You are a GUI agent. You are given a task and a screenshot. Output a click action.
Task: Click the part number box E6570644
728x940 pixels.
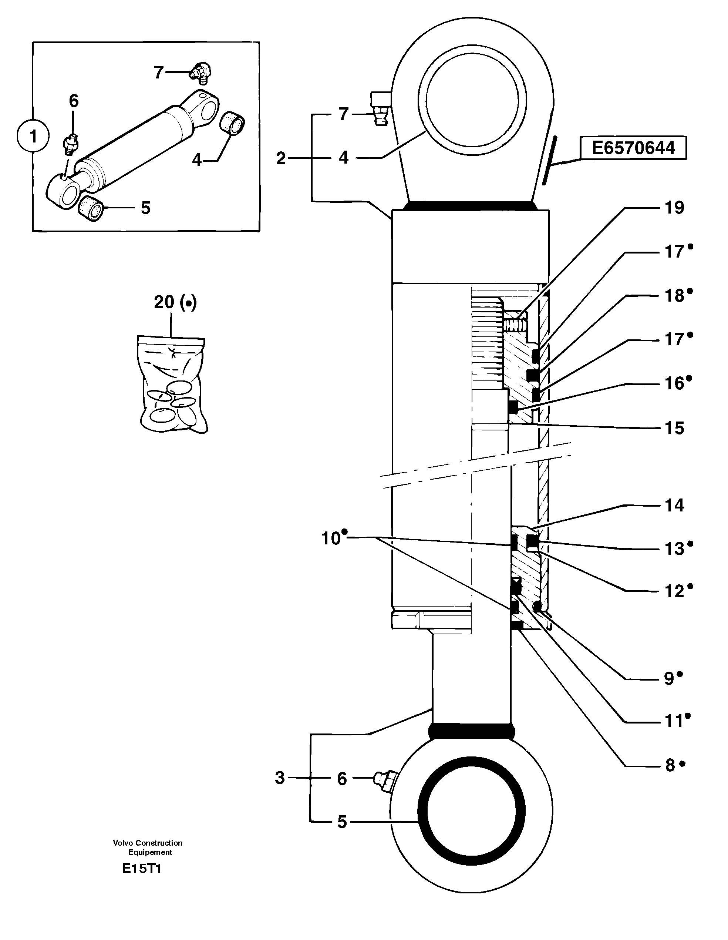pos(633,148)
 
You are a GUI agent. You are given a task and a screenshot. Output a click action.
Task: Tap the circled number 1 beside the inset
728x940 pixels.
pos(33,137)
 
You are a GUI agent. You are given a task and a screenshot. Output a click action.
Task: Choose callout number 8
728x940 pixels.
pos(670,765)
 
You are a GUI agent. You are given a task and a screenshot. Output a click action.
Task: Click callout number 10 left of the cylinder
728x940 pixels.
pos(331,538)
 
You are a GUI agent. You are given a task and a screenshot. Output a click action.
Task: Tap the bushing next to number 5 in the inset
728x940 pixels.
pos(91,208)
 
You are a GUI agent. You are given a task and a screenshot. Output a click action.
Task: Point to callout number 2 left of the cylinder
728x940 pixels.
pos(281,159)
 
